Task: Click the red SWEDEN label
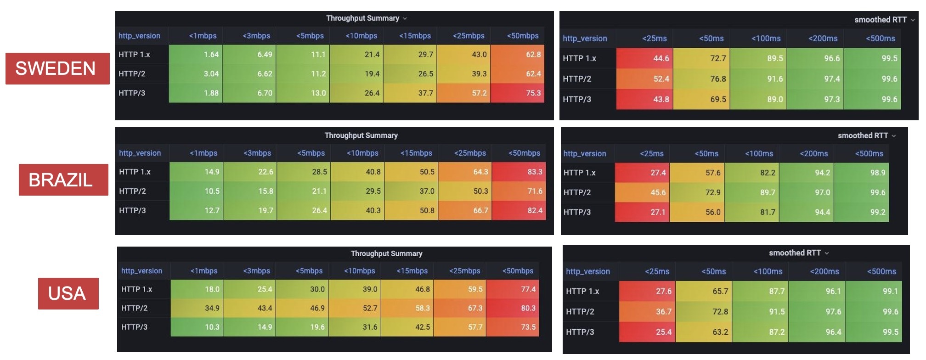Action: click(57, 68)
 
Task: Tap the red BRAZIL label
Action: click(63, 180)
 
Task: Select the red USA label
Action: click(68, 293)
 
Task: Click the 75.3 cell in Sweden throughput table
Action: click(518, 93)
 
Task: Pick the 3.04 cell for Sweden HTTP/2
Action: click(196, 73)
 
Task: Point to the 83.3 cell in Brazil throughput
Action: click(519, 172)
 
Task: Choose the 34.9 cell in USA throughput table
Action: click(197, 308)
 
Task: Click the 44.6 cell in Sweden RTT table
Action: click(644, 58)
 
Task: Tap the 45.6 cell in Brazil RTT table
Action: click(642, 192)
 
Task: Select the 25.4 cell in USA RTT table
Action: click(647, 332)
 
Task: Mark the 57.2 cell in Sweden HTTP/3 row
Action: click(464, 93)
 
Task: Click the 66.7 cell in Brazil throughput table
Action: click(465, 210)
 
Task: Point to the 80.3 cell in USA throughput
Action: click(513, 308)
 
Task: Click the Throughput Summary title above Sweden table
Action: click(362, 18)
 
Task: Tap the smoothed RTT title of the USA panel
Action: click(795, 253)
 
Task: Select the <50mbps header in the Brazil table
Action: click(524, 153)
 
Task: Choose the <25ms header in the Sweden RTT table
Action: click(654, 39)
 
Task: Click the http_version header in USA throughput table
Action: click(141, 271)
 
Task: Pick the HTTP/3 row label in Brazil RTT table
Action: click(577, 212)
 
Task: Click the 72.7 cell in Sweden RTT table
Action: click(701, 58)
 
